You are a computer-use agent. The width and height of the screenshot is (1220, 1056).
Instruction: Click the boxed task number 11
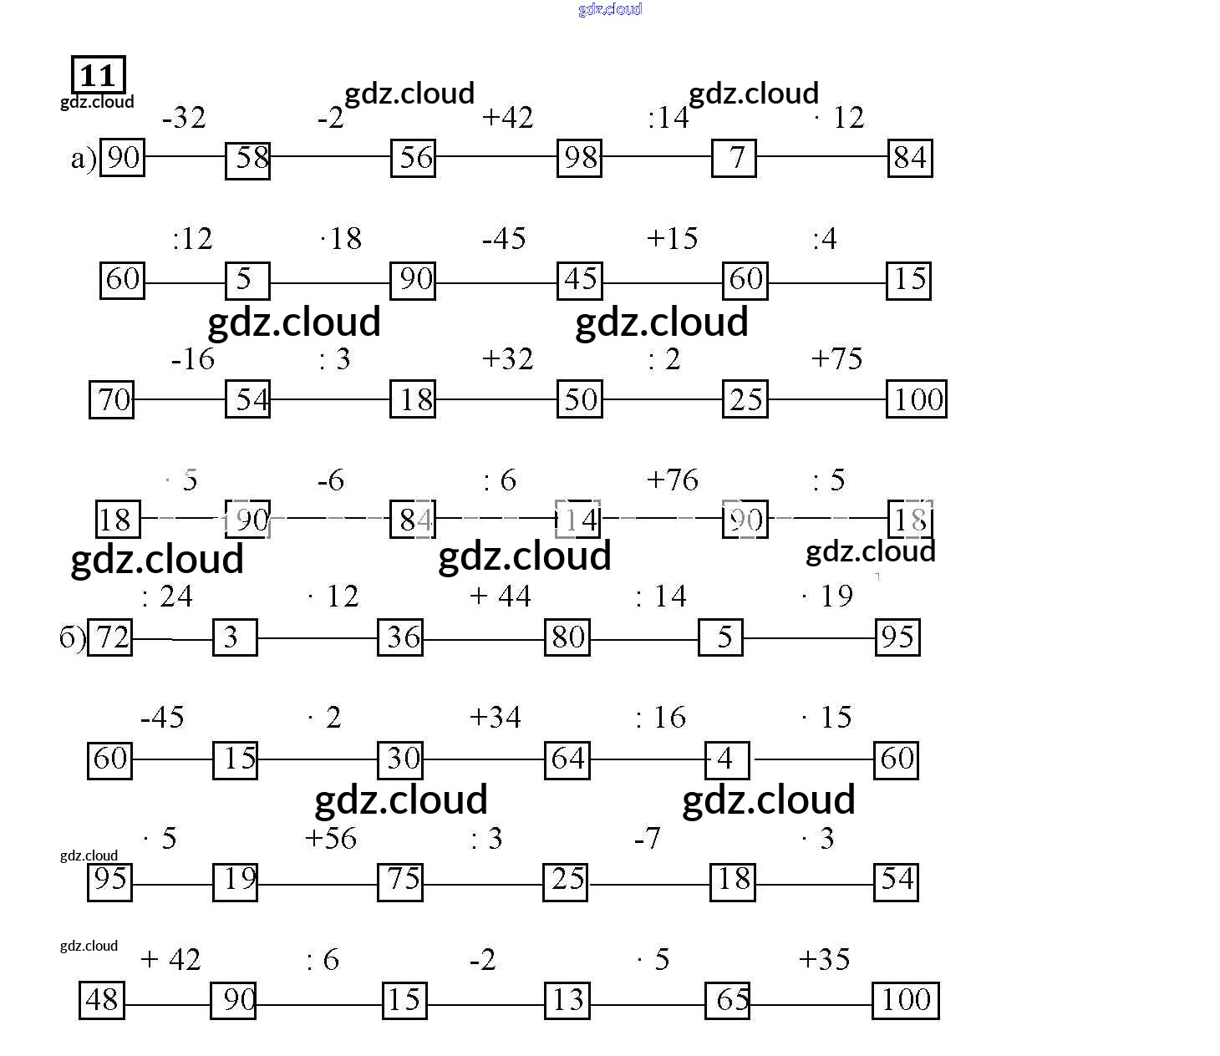99,75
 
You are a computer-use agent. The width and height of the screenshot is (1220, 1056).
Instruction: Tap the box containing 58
247,159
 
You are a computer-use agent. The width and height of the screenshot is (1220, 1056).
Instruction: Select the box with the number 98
579,157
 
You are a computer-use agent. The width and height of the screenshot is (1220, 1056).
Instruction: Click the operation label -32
184,118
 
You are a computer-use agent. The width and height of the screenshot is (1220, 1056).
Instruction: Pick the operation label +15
672,239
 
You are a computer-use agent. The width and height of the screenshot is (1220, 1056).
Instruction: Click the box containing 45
579,279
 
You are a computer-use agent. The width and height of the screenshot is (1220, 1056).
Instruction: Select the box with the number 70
111,399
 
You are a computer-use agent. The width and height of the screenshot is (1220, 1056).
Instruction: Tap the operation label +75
836,359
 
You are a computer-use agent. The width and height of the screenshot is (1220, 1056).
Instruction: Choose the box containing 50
579,399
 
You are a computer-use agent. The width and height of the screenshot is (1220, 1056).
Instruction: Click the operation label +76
672,480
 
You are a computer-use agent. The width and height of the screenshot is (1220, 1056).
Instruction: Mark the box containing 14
577,520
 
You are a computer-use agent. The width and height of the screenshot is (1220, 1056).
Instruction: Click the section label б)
72,638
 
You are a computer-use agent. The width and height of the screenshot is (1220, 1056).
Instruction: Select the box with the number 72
110,637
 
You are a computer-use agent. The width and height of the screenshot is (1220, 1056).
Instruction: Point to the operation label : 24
167,597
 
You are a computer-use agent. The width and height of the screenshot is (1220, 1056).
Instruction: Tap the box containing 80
567,637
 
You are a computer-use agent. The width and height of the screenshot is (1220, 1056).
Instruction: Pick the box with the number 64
567,759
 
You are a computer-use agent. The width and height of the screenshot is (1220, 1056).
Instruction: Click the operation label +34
495,718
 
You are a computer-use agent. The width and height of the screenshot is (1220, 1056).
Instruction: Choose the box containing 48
102,1000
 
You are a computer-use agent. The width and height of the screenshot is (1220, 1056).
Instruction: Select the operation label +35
824,959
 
